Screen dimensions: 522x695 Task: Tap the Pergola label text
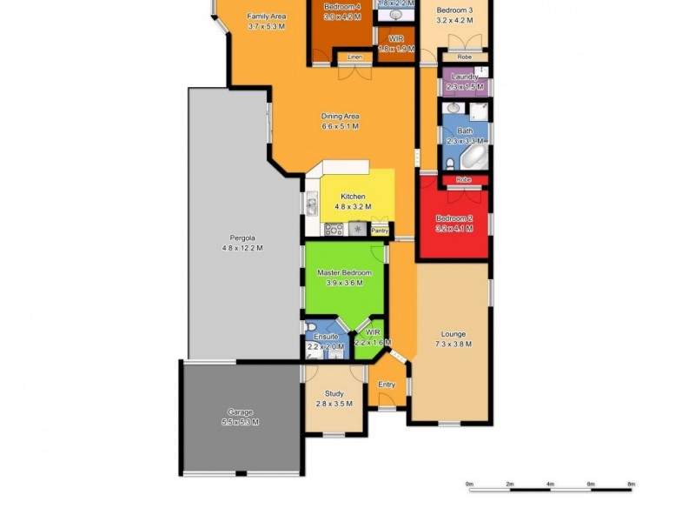242,238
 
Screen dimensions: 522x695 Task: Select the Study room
334,394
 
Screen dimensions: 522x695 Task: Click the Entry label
387,385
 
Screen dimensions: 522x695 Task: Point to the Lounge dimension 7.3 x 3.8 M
453,345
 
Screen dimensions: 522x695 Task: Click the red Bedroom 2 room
453,223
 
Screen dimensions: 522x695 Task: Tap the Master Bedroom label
344,273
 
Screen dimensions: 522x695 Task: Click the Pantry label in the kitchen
380,231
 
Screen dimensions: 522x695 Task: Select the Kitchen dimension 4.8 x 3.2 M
354,207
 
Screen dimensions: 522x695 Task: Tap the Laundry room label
465,77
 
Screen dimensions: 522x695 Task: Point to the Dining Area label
341,117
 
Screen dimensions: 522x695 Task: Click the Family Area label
267,17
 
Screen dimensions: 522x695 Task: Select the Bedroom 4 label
341,7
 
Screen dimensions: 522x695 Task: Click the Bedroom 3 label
454,10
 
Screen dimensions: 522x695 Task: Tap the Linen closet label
354,57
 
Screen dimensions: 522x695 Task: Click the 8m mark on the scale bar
632,484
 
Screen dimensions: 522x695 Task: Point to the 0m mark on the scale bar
469,484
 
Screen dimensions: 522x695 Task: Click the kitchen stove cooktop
333,230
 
